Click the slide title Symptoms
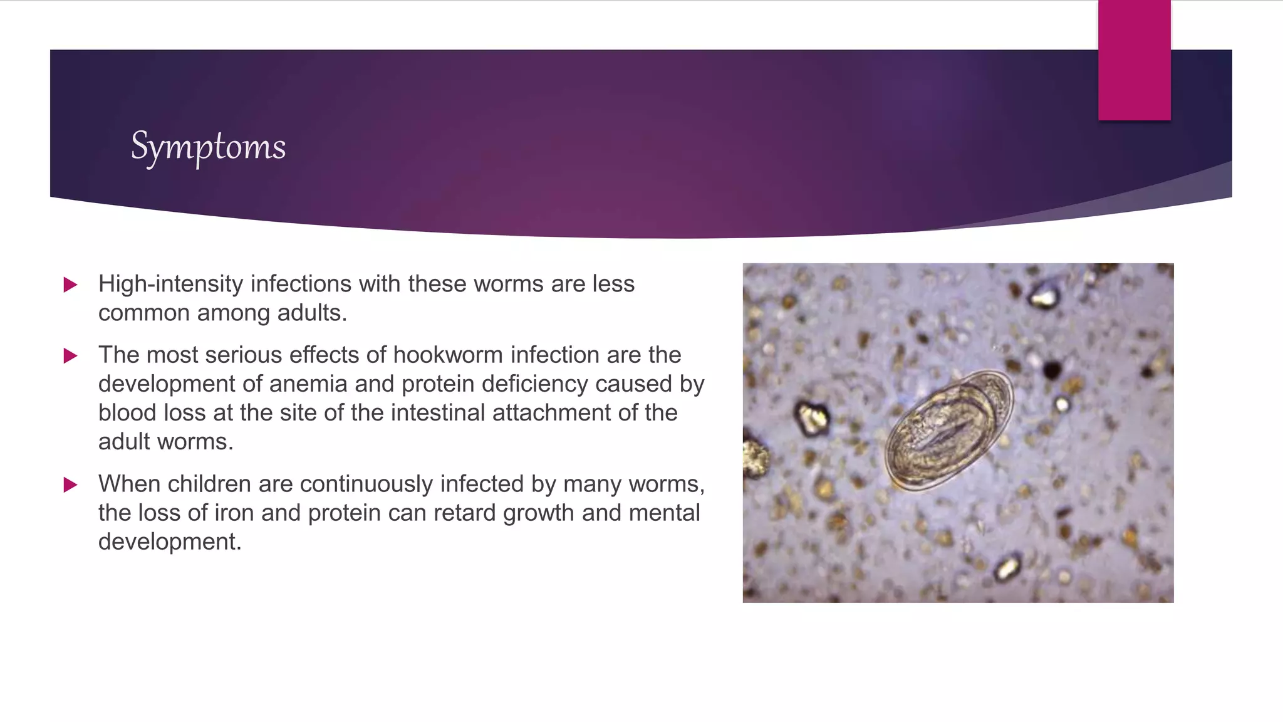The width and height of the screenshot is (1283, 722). [208, 147]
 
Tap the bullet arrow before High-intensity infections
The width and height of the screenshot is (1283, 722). [70, 285]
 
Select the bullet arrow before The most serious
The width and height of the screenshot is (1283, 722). [70, 356]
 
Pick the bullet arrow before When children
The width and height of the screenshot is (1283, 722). [70, 484]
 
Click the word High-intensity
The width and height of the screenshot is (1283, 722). [170, 284]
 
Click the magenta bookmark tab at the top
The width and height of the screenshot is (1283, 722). [1134, 60]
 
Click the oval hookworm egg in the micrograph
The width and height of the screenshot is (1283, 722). [949, 430]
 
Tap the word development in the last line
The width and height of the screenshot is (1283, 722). [169, 541]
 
